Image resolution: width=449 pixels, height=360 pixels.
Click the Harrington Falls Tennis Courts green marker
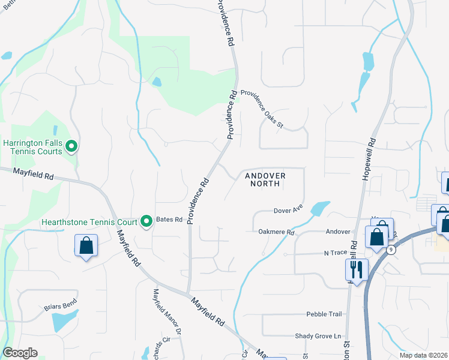71,146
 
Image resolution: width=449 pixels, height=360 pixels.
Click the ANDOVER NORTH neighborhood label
265,179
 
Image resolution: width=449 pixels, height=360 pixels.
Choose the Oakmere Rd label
276,232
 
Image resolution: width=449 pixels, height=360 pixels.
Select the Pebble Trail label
324,314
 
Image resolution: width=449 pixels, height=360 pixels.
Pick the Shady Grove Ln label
318,336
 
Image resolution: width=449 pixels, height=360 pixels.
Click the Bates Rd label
169,220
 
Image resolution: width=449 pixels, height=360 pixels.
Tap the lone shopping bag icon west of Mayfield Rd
86,245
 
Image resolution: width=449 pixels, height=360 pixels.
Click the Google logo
20,353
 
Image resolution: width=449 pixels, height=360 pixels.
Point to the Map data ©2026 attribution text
423,355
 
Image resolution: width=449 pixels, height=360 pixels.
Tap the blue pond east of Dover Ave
319,208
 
